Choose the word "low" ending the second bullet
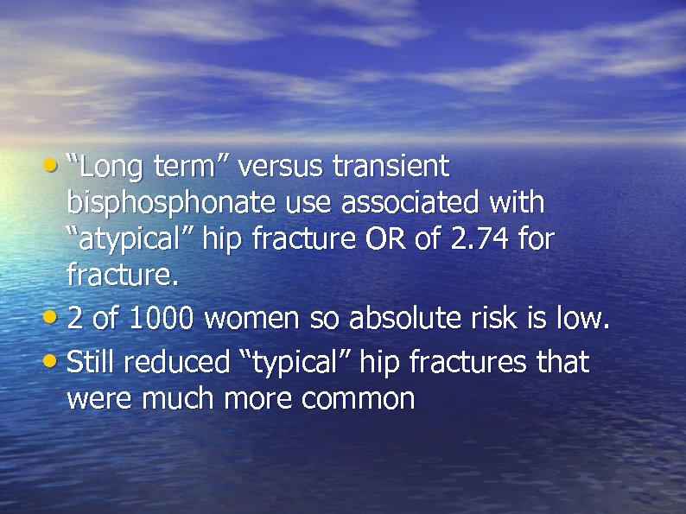[x=579, y=320]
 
